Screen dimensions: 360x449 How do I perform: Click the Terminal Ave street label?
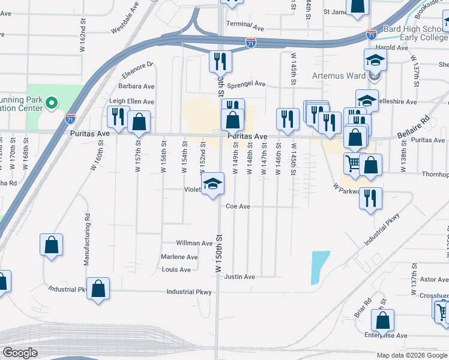245,28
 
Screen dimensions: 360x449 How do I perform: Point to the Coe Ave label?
238,206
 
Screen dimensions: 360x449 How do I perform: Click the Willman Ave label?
194,244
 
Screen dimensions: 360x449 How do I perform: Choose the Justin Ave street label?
240,277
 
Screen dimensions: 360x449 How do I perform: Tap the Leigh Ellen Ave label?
131,102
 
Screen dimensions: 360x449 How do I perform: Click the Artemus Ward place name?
340,76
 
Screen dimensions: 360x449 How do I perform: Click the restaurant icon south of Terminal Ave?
220,61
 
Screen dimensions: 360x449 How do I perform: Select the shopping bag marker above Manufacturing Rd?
52,245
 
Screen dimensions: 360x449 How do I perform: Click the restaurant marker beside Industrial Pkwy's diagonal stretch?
370,198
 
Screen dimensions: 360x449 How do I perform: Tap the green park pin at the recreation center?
52,103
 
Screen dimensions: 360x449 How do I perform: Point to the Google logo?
20,353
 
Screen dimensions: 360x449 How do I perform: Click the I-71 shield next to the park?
71,118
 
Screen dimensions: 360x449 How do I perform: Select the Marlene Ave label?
179,257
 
